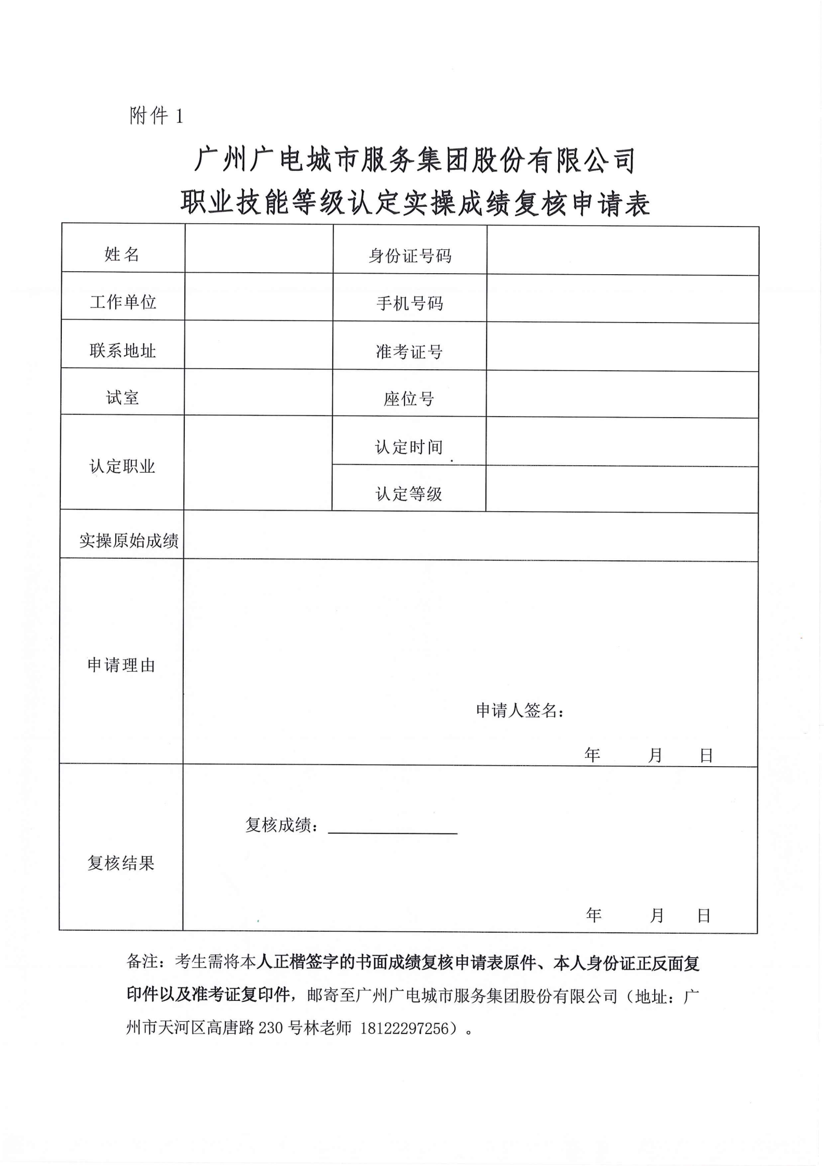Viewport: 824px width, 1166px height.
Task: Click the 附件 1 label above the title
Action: pos(156,115)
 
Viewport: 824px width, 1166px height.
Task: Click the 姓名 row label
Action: pos(122,254)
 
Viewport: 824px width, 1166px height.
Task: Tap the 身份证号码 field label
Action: pos(410,256)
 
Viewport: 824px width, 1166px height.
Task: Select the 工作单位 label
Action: pos(123,302)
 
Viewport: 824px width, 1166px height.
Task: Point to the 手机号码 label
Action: pos(410,303)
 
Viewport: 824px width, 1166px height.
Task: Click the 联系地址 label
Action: pos(123,351)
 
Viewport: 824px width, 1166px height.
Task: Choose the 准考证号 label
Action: pos(409,352)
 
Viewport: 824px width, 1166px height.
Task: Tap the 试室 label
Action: pos(123,398)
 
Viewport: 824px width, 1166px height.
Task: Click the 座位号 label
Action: pos(409,399)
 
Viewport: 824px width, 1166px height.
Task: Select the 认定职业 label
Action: pos(123,466)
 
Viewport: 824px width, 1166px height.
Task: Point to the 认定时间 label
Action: pos(409,447)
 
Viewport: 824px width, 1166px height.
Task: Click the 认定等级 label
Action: pos(409,493)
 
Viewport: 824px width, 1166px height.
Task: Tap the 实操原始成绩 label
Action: pos(129,541)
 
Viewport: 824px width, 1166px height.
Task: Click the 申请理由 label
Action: pos(121,665)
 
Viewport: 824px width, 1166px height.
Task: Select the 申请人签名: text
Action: pos(520,711)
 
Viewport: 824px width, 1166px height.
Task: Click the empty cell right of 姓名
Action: pos(259,248)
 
